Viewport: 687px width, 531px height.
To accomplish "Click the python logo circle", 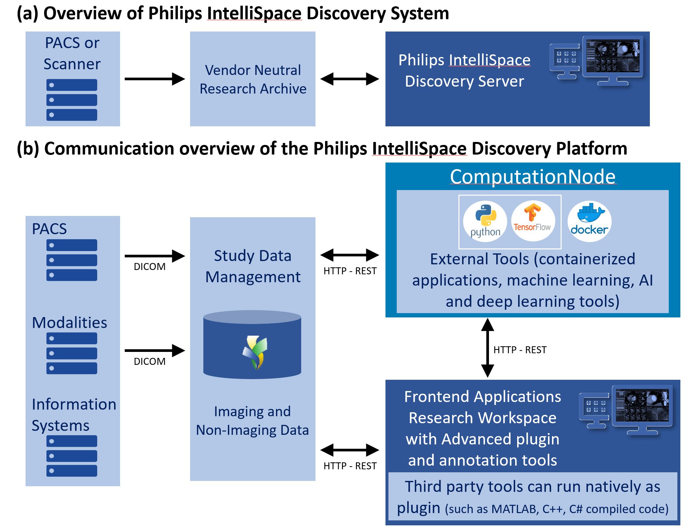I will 485,221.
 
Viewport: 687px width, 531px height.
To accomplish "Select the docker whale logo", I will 589,221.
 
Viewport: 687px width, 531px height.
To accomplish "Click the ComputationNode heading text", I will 532,176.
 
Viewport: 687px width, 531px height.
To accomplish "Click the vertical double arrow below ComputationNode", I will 487,348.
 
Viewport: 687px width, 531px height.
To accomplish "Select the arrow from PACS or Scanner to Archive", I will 154,79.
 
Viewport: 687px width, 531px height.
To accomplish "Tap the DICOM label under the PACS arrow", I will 150,267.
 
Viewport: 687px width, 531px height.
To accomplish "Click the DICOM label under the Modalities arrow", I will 150,361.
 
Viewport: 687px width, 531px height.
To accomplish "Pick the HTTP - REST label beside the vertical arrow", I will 520,350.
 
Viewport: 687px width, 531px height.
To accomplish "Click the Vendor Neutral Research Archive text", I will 253,80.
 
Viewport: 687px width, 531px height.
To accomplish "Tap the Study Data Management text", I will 253,266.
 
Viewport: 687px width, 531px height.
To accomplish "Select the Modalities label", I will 69,323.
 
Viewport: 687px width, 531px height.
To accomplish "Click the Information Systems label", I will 74,415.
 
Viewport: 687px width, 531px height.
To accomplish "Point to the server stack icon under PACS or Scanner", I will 72,100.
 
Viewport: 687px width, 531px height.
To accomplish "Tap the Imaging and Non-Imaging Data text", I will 252,421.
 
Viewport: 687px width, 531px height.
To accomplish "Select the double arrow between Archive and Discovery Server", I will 350,79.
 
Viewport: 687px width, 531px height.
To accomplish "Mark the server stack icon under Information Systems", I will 72,456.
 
